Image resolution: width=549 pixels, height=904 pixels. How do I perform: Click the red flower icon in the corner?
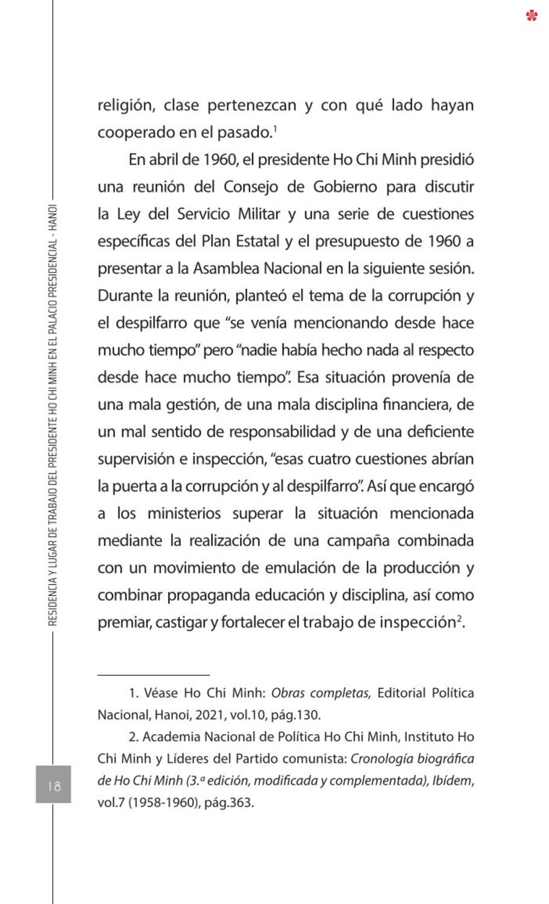pyautogui.click(x=532, y=15)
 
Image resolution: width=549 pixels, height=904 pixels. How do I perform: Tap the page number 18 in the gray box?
pyautogui.click(x=54, y=785)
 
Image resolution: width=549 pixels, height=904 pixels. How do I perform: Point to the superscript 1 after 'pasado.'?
pyautogui.click(x=275, y=128)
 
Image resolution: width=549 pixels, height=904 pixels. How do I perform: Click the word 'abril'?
pyautogui.click(x=163, y=160)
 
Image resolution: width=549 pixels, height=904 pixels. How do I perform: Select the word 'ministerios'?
pyautogui.click(x=184, y=513)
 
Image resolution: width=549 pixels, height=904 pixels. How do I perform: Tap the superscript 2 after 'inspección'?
pyautogui.click(x=459, y=618)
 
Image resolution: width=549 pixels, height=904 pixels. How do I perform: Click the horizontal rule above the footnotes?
pyautogui.click(x=154, y=676)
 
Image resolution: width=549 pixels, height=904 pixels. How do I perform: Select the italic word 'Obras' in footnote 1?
pyautogui.click(x=288, y=693)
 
